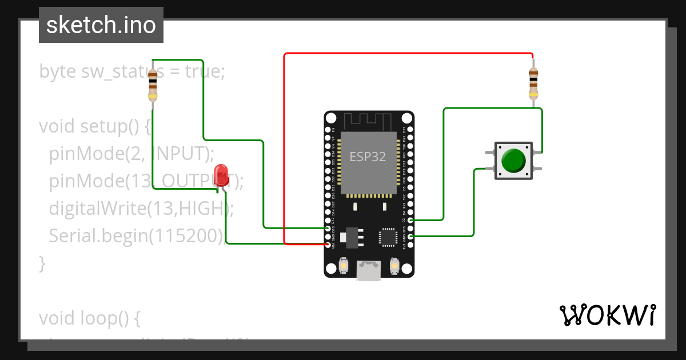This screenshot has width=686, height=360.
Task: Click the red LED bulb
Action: [221, 174]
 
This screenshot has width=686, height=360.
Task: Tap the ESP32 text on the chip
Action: [368, 157]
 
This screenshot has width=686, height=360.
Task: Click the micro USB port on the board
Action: [369, 270]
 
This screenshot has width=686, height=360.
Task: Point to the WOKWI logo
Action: [607, 315]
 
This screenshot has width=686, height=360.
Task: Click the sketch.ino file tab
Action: [101, 25]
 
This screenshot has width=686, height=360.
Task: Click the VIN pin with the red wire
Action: [328, 245]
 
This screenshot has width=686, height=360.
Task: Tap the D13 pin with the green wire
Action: [328, 228]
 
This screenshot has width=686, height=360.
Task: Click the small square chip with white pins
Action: [387, 237]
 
